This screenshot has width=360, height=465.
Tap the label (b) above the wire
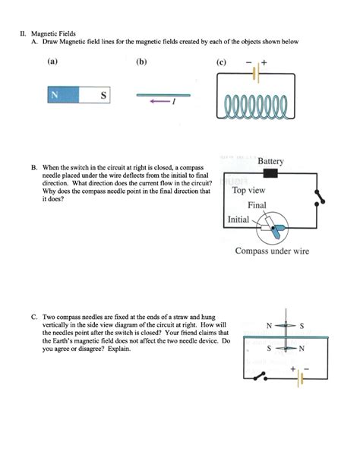[x=142, y=62]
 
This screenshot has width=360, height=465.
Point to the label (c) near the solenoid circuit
[x=221, y=62]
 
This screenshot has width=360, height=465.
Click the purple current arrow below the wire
[x=159, y=105]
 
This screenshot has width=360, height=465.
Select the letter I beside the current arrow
[x=174, y=106]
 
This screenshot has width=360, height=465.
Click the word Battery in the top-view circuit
[x=270, y=162]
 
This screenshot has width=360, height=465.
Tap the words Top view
[x=250, y=191]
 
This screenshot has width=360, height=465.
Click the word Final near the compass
[x=257, y=205]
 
